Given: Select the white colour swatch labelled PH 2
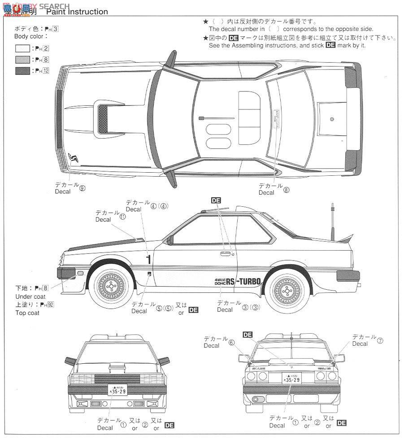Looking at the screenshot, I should (x=23, y=48).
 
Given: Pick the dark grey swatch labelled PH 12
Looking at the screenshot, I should (x=23, y=70).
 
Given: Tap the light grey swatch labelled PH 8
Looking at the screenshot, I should (x=23, y=59).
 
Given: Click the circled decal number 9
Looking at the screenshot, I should (x=82, y=188).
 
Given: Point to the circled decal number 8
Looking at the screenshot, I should (x=286, y=189).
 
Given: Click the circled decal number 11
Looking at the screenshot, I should (x=122, y=216).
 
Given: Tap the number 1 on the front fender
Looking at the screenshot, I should (x=148, y=259).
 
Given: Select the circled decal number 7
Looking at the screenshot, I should (x=380, y=340).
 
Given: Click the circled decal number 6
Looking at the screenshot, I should (x=231, y=342).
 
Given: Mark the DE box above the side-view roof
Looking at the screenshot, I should (x=216, y=200).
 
